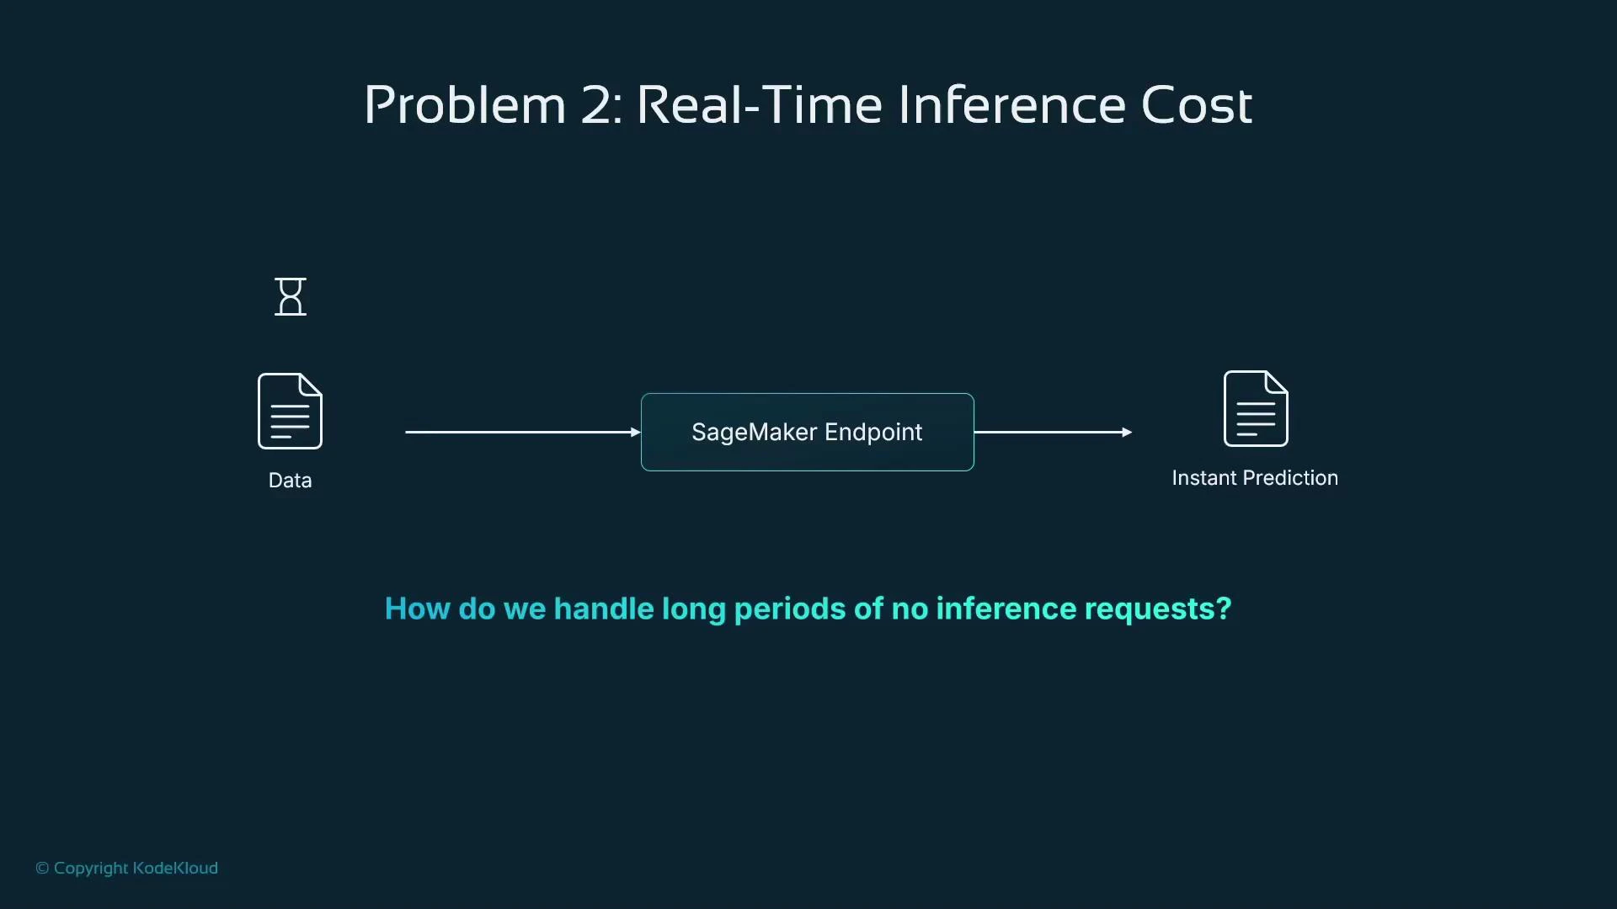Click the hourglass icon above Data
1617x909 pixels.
pos(291,297)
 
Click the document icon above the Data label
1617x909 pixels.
pos(290,411)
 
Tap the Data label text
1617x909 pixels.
pos(290,481)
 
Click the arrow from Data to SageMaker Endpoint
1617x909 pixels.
pos(522,432)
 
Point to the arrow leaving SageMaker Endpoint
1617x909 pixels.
pos(1053,432)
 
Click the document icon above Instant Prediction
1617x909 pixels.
pos(1255,408)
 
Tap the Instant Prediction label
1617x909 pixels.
pos(1255,478)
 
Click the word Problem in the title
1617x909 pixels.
pos(464,106)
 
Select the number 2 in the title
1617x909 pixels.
pos(597,106)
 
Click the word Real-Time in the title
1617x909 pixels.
pos(759,106)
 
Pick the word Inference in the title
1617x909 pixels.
pos(1011,106)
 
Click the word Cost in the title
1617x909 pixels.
pos(1196,106)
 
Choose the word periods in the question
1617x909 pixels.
pos(789,609)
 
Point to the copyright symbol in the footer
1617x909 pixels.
pos(42,869)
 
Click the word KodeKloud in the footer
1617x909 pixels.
pos(175,869)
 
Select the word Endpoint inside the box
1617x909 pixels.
pos(873,433)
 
